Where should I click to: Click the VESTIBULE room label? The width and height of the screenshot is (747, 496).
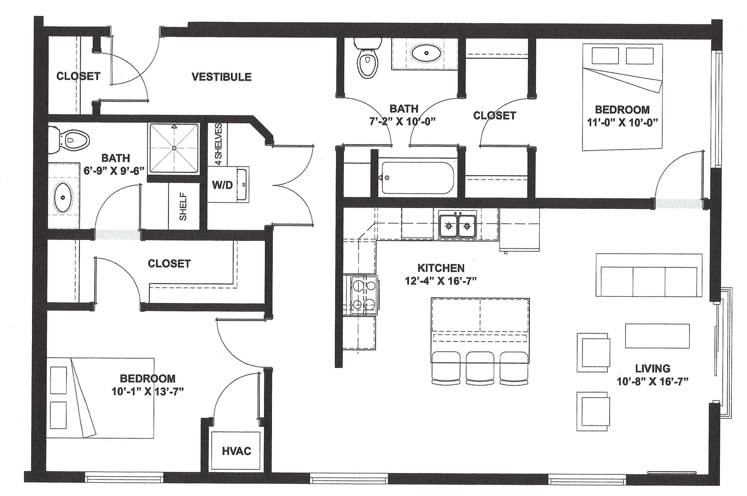221,77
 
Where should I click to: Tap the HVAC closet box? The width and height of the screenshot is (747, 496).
236,451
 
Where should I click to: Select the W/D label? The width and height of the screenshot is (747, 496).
222,185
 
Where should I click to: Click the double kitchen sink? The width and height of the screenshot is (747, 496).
457,226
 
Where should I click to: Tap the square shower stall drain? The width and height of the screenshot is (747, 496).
174,148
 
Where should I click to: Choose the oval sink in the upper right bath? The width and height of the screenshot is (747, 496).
427,53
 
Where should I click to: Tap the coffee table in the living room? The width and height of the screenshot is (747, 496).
657,336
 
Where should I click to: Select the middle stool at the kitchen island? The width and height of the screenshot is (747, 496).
480,368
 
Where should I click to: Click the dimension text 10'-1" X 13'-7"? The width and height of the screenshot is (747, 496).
147,392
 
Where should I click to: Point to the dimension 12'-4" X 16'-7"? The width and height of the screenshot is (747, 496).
441,281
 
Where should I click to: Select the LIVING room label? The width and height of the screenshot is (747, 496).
652,368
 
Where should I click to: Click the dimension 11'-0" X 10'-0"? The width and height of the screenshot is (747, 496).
622,123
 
